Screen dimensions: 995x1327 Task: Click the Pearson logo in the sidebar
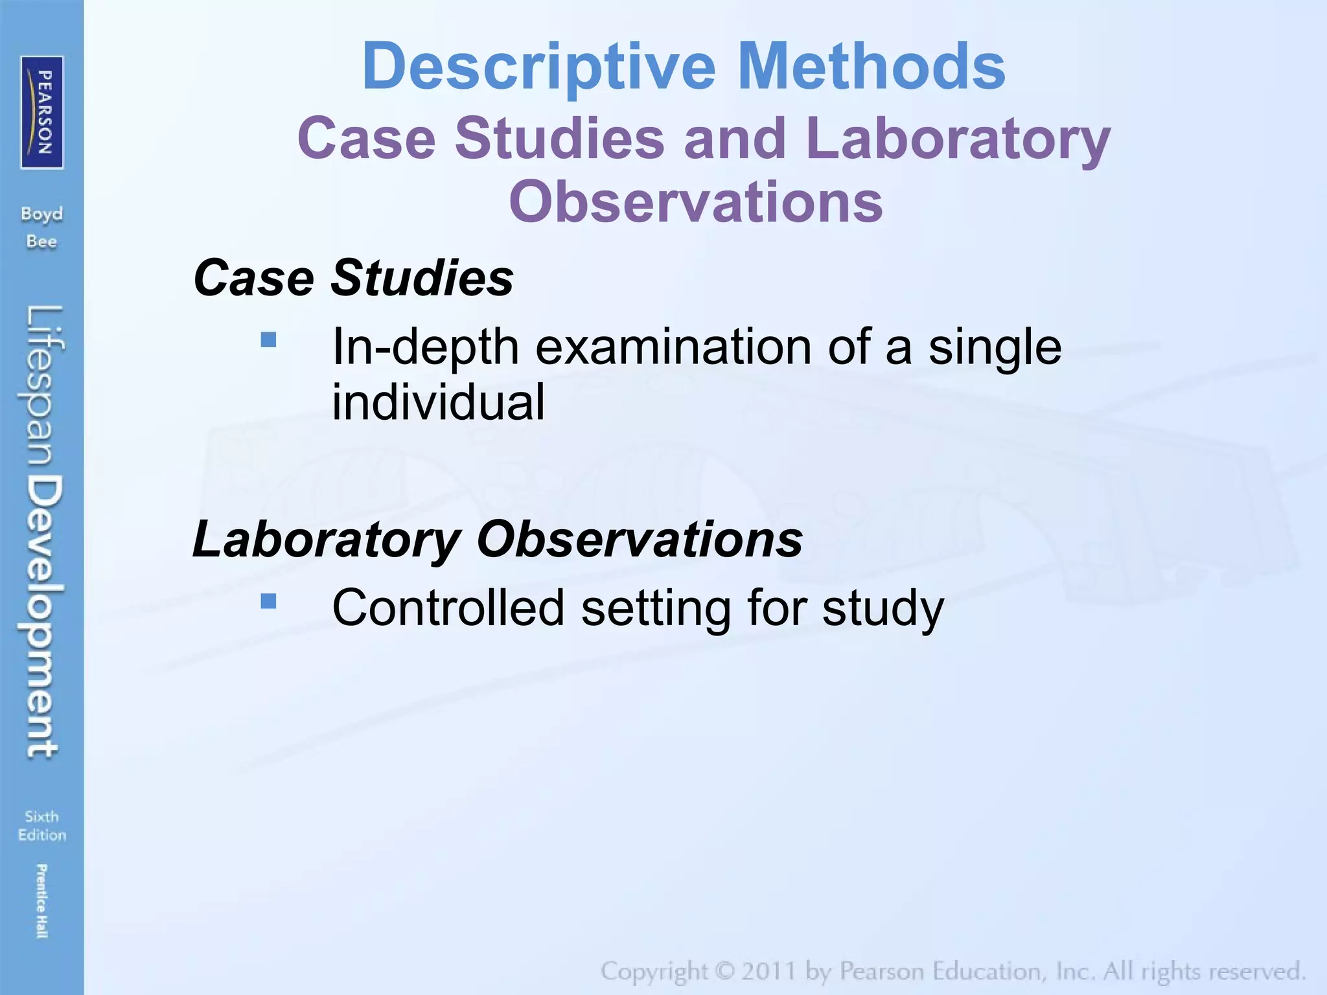point(42,112)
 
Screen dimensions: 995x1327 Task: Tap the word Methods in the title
point(871,67)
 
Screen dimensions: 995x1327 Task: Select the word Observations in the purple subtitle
point(696,201)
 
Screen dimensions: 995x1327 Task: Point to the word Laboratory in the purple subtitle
point(959,139)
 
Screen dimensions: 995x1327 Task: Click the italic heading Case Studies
point(353,278)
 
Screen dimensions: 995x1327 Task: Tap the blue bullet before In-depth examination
point(268,339)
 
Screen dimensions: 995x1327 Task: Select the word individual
point(438,402)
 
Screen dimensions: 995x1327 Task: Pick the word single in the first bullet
point(995,347)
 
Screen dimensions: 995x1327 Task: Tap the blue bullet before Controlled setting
point(268,602)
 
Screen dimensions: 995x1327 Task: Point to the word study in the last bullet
point(883,609)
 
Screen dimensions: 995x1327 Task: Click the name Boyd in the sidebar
point(42,214)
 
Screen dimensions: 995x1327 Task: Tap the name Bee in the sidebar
point(42,242)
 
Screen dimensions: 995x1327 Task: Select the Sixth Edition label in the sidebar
point(42,825)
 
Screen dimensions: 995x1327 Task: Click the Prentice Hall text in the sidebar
point(42,900)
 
